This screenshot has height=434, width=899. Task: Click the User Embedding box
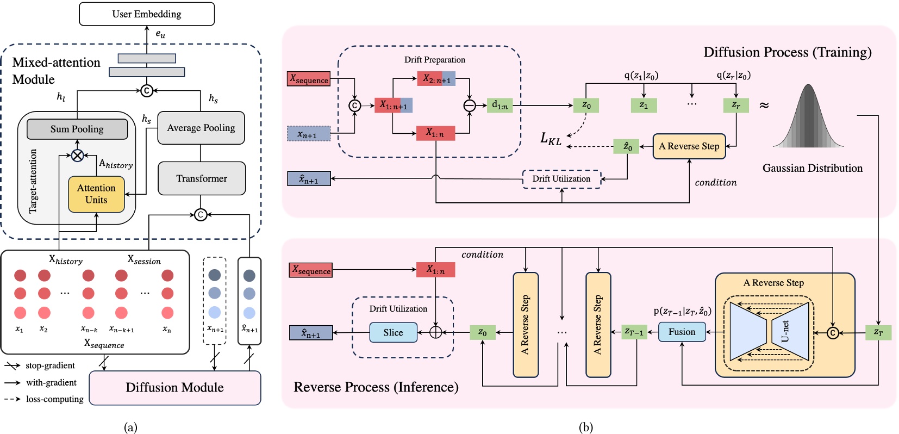point(147,14)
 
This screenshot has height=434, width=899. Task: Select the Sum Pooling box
point(77,129)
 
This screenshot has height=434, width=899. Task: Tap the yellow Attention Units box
point(96,194)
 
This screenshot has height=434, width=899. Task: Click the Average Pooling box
point(201,128)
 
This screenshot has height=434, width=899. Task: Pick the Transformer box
point(202,178)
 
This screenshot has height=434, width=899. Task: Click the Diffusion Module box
point(174,388)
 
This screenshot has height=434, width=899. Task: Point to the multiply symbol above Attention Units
point(78,156)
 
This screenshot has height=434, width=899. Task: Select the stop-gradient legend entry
point(40,365)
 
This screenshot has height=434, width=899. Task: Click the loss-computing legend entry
point(44,399)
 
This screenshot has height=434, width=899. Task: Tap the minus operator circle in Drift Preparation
point(470,106)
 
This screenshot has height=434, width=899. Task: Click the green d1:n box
point(500,105)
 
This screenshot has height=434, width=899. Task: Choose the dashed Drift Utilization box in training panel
point(561,179)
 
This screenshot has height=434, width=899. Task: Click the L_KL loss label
point(551,139)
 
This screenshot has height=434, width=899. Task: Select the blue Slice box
point(393,332)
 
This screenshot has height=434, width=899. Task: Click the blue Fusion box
point(682,332)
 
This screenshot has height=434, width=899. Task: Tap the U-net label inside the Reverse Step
point(784,331)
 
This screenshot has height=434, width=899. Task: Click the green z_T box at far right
point(878,332)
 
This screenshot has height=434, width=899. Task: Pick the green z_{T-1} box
point(634,332)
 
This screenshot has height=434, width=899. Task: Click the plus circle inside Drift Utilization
point(436,332)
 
